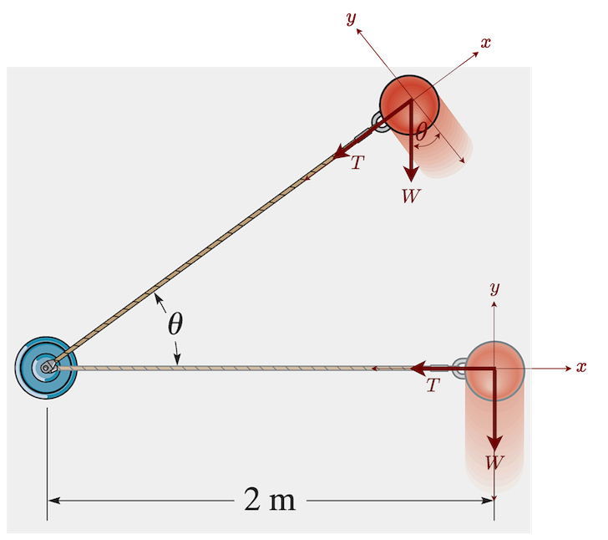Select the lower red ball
coord(494,368)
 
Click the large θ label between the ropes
coord(175,323)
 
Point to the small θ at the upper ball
coord(421,131)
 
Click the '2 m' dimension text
coord(270,500)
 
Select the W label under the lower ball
coord(494,461)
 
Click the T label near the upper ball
coord(357,163)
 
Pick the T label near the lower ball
coord(432,386)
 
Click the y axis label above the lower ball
coord(494,288)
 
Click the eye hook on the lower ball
coord(459,368)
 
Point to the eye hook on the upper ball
coord(381,125)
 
